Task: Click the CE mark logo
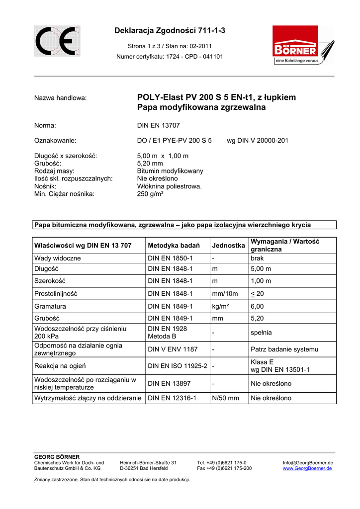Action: [x=57, y=41]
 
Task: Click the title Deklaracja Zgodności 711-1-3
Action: [x=170, y=31]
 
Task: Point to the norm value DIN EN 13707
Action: [x=158, y=125]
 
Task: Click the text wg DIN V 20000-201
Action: [x=257, y=141]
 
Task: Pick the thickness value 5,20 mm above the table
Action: [x=150, y=163]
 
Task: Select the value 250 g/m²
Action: [x=150, y=194]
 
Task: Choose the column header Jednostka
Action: [x=228, y=246]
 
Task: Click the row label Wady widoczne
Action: [x=57, y=258]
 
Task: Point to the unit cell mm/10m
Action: [x=225, y=293]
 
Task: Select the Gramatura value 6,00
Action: [x=257, y=306]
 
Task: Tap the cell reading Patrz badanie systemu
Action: [x=284, y=349]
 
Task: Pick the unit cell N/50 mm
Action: [x=225, y=398]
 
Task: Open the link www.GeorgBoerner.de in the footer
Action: [x=307, y=468]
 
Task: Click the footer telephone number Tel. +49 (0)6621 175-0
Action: [x=221, y=463]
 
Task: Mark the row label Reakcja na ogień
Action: [x=60, y=366]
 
